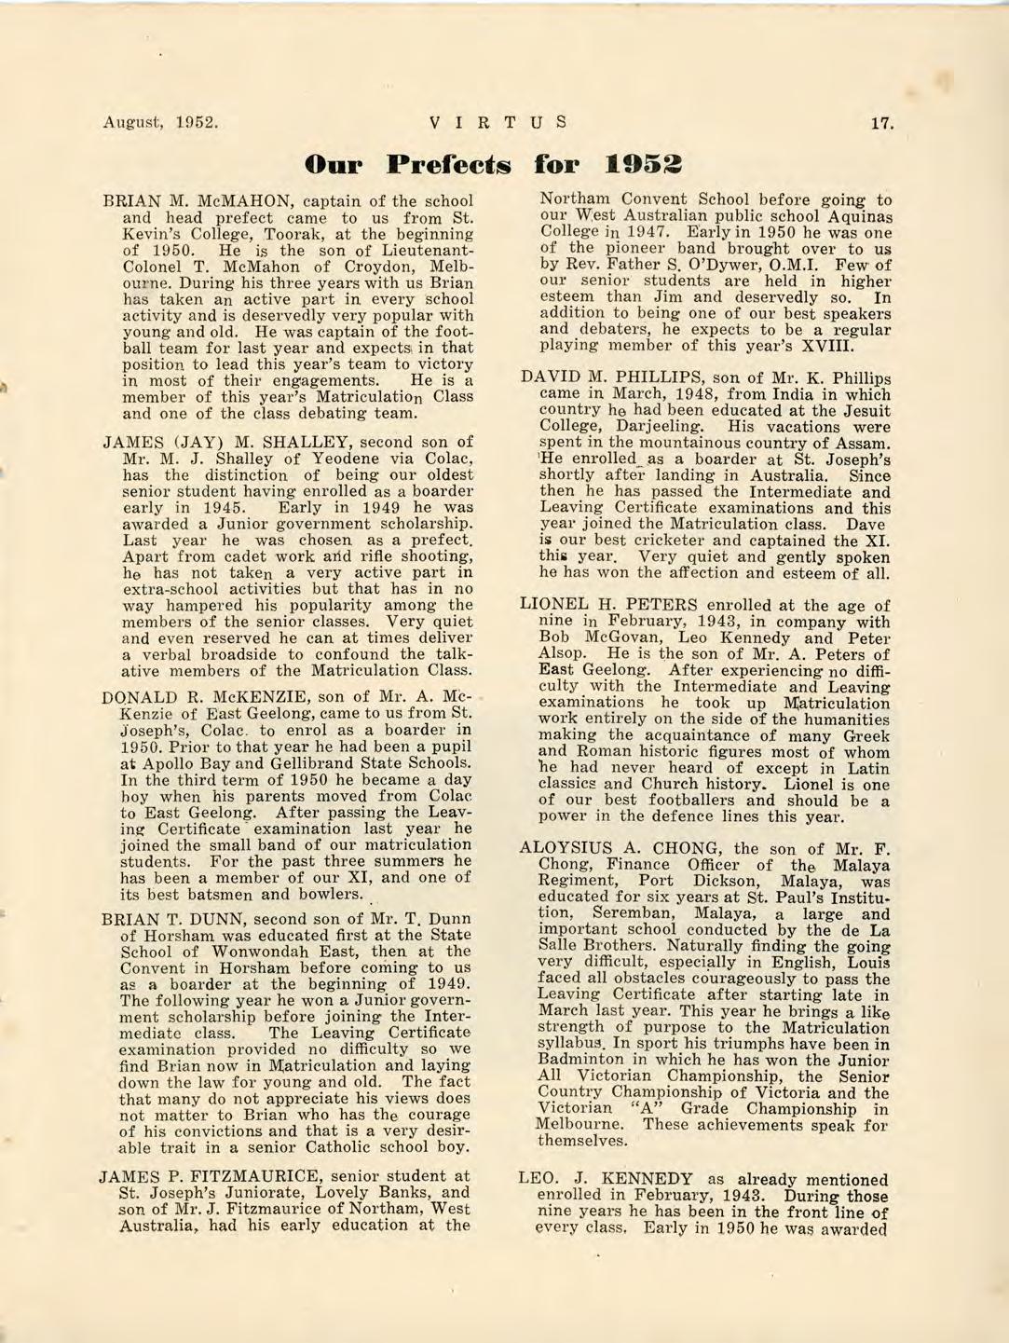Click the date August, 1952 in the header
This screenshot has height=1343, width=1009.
click(x=160, y=122)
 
